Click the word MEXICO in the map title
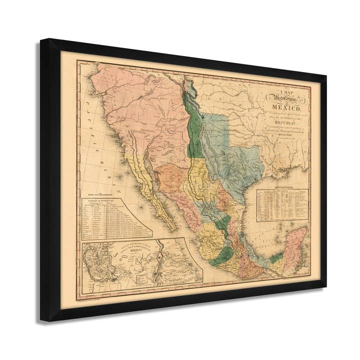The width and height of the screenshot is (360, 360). (285, 108)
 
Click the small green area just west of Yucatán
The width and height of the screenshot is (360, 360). (276, 258)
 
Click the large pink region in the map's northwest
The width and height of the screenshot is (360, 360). (130, 100)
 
